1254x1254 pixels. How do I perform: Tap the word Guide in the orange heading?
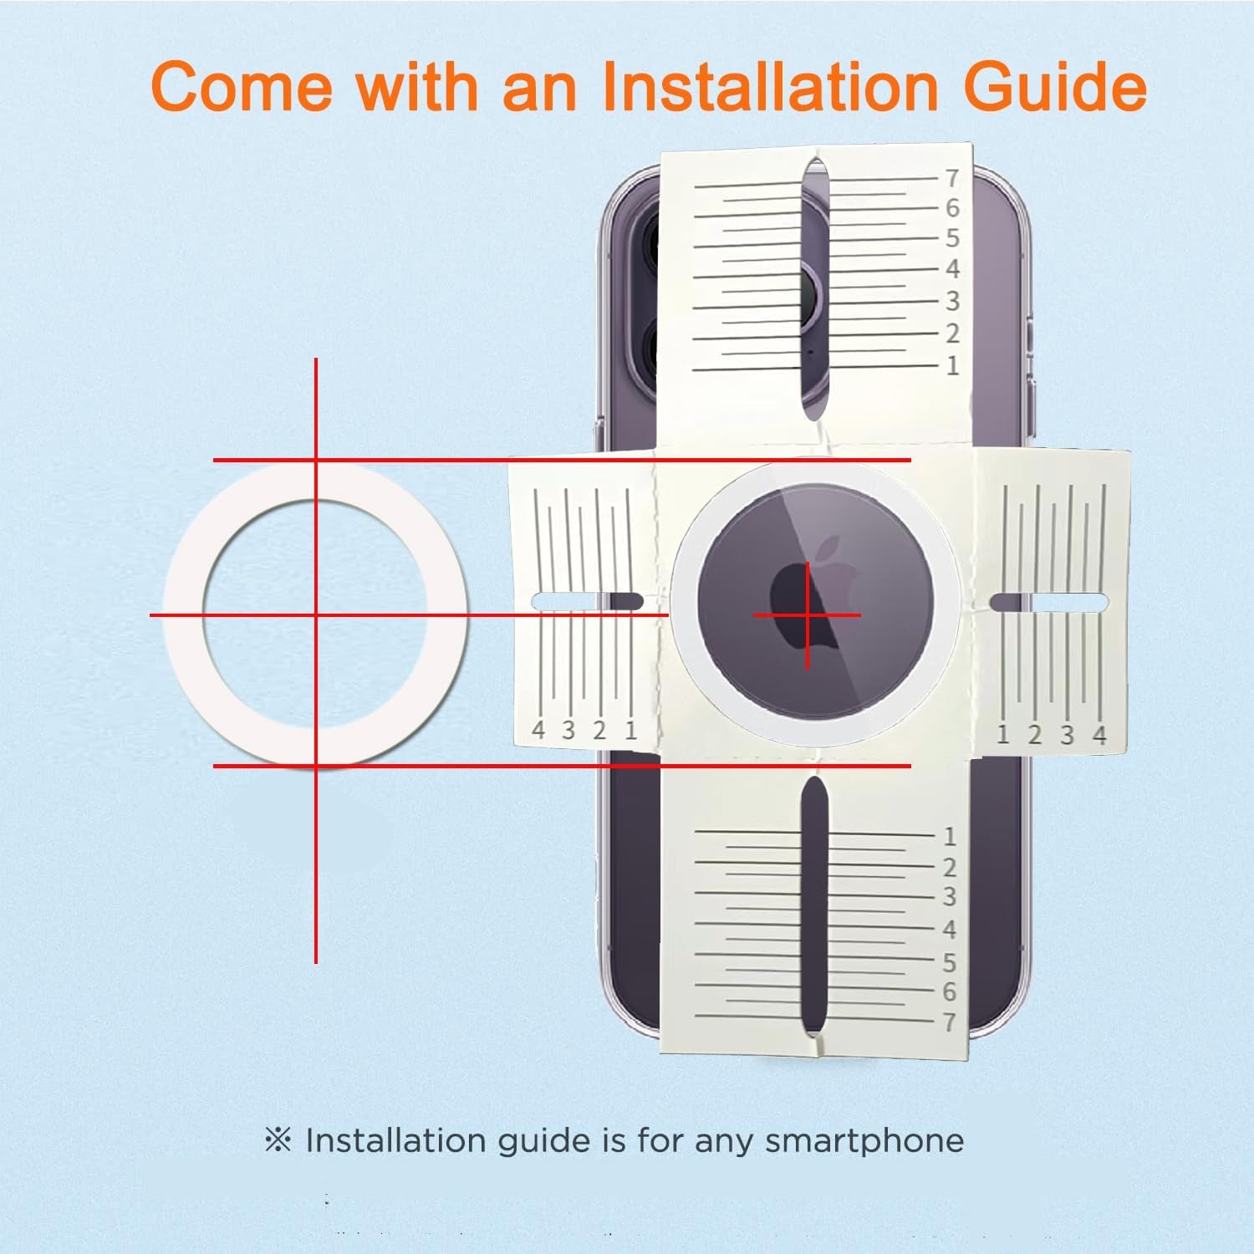(1055, 86)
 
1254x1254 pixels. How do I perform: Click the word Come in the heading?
(242, 86)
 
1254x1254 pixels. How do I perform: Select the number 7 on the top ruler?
(951, 178)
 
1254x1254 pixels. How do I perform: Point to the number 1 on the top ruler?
(951, 365)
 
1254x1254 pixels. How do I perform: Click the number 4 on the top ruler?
(951, 269)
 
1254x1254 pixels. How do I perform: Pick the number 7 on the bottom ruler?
(949, 1022)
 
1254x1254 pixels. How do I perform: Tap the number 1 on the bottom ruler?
(949, 836)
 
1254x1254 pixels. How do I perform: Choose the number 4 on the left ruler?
(538, 731)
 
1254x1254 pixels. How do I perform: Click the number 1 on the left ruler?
(630, 731)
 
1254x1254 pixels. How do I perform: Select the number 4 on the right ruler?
(1099, 735)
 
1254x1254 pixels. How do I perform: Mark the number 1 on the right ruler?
(1003, 735)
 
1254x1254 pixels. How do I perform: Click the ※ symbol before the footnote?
(278, 1140)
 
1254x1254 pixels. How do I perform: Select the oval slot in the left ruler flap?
(587, 600)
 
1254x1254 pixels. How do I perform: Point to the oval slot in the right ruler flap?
(1048, 602)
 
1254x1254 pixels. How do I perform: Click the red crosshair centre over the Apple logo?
(807, 616)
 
